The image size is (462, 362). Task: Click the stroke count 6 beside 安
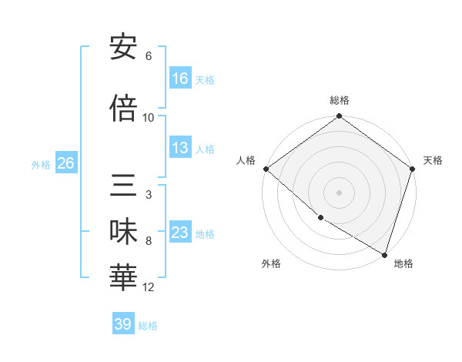point(149,56)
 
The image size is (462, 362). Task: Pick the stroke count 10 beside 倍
point(149,118)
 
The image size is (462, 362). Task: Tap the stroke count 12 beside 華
point(149,287)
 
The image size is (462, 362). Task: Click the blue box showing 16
point(180,78)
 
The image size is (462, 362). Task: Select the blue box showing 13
point(180,148)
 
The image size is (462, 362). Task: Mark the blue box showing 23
point(180,233)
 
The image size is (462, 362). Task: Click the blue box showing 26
point(65,163)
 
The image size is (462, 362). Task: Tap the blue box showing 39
point(122,324)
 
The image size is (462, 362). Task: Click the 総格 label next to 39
point(148,326)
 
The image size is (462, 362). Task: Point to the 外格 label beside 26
point(41,164)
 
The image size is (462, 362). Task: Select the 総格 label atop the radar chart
point(339,100)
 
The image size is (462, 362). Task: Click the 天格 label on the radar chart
point(433,160)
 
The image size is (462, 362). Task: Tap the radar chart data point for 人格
point(266,169)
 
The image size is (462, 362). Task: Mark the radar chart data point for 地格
point(384,254)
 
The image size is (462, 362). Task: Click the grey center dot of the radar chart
point(339,192)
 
